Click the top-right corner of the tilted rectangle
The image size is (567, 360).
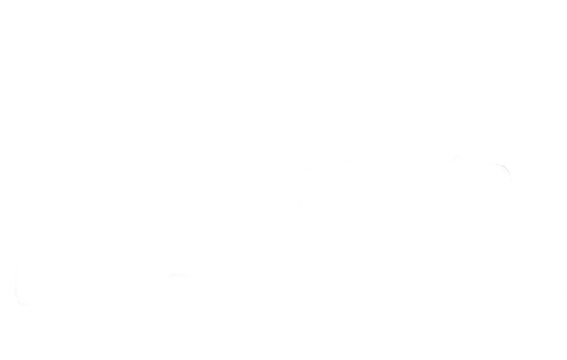point(532,126)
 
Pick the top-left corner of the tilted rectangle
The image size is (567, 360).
point(295,172)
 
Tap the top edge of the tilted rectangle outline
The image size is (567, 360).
point(413,149)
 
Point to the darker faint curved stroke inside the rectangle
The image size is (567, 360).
point(503,169)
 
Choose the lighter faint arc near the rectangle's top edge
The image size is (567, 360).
point(457,157)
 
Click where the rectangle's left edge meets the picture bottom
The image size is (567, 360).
point(332,359)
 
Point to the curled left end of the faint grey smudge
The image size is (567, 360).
point(172,275)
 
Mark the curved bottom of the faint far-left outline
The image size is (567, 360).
point(22,303)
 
